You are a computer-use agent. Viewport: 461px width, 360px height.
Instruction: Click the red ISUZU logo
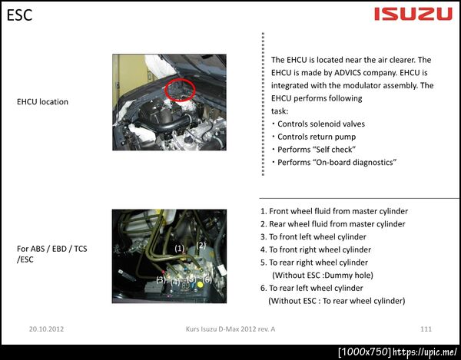[413, 14]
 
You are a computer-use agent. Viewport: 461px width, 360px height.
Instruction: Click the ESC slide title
[19, 15]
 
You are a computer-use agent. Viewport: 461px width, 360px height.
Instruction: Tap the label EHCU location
[42, 102]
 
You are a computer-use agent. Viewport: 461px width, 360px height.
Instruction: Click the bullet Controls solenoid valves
[318, 124]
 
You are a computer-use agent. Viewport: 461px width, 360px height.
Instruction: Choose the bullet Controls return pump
[313, 137]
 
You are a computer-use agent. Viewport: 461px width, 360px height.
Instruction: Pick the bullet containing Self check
[313, 150]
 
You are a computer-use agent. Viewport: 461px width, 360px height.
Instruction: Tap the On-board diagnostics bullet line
[333, 163]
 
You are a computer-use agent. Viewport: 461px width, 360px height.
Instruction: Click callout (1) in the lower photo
[179, 249]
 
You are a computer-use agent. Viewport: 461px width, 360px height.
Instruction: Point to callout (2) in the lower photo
[201, 245]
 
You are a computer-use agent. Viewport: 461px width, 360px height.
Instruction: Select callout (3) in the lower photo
[161, 279]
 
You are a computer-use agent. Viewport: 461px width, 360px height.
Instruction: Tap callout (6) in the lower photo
[207, 279]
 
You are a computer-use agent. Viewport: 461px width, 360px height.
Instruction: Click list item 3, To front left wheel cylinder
[313, 237]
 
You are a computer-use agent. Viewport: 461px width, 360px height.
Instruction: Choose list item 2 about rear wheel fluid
[333, 224]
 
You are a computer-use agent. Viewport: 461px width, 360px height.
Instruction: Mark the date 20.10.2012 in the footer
[46, 329]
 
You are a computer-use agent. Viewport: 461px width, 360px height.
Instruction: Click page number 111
[426, 329]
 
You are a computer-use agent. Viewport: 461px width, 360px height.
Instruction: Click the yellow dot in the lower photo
[201, 284]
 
